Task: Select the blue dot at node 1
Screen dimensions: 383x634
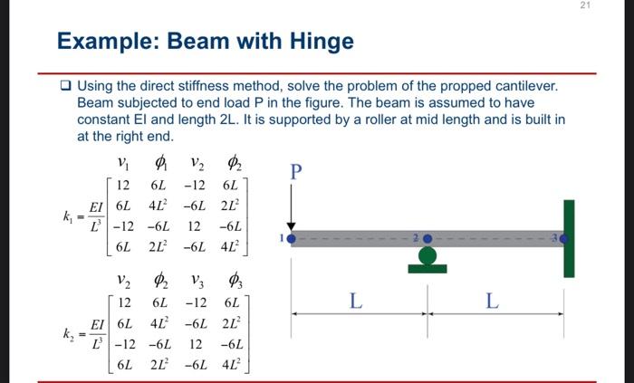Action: point(291,239)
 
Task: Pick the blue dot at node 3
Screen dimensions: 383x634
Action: point(562,239)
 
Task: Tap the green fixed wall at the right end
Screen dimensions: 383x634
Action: point(568,238)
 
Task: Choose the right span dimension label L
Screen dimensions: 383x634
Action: point(494,301)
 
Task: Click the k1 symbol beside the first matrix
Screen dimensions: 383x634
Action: point(69,216)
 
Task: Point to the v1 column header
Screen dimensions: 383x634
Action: point(123,163)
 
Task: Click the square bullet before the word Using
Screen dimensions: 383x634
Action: point(65,87)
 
